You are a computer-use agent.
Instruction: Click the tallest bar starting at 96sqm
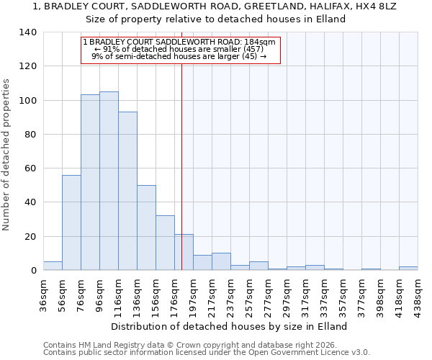[x=109, y=181]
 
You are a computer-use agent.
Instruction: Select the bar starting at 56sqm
[x=71, y=222]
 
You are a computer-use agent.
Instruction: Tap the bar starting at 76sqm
[x=90, y=182]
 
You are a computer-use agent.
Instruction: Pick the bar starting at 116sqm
[x=127, y=191]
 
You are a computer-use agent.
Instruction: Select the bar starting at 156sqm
[x=165, y=243]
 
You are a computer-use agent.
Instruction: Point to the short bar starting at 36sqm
[x=53, y=266]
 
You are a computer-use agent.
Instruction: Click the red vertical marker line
[x=181, y=166]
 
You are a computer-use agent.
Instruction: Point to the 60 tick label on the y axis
[x=30, y=168]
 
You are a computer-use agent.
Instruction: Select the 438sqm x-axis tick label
[x=418, y=293]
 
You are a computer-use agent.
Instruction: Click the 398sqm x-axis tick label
[x=381, y=293]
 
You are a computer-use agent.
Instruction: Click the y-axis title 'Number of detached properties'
[x=7, y=155]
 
